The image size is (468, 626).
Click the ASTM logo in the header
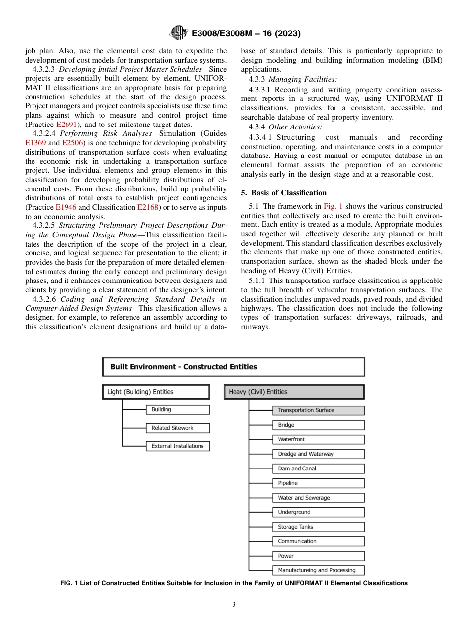(x=178, y=33)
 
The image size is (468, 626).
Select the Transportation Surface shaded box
(x=318, y=410)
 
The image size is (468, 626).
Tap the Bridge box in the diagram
(x=318, y=425)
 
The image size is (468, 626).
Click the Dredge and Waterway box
(x=318, y=454)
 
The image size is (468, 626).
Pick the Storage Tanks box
(x=318, y=527)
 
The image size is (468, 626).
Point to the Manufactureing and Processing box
(x=318, y=570)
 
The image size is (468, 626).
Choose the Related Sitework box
(x=177, y=428)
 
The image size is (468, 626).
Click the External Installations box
(x=177, y=446)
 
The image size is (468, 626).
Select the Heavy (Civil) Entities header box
(x=294, y=392)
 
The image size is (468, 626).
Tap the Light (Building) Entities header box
(x=156, y=392)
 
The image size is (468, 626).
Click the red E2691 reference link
(x=67, y=125)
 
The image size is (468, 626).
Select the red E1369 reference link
(x=35, y=142)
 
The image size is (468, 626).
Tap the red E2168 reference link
(x=148, y=207)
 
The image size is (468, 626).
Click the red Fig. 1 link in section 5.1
(x=333, y=206)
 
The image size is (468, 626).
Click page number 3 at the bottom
(x=234, y=605)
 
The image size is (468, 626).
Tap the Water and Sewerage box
(x=318, y=498)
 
